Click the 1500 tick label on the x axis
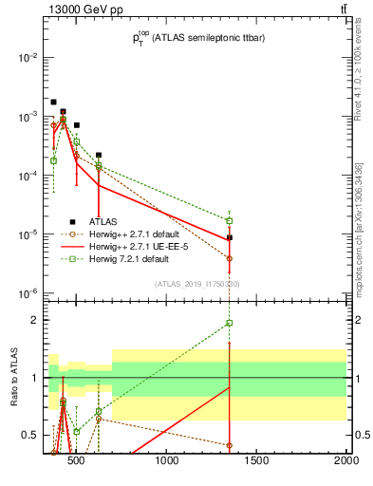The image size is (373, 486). coord(257,462)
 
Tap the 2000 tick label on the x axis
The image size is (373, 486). coord(345,462)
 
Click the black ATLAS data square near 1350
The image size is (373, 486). coord(230,238)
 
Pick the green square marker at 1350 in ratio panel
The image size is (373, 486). coord(230,323)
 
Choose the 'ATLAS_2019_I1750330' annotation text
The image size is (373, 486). coord(197,284)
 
